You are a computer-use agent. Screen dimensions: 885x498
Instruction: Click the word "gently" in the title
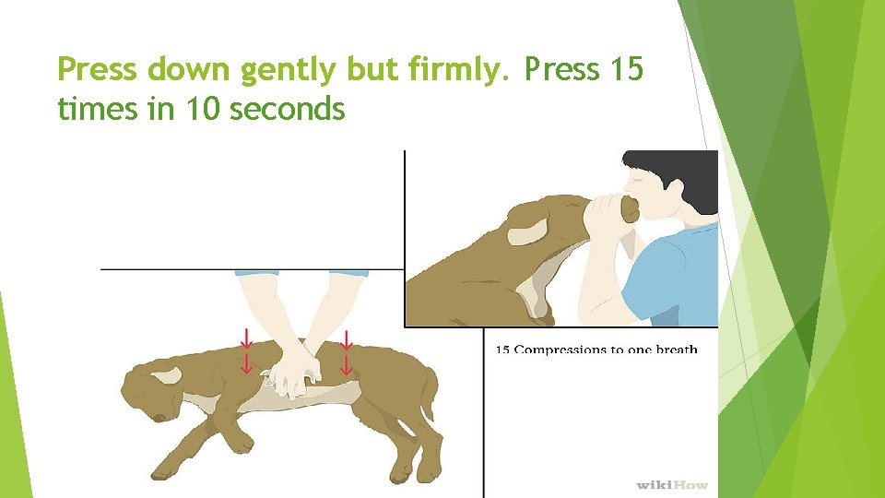288,71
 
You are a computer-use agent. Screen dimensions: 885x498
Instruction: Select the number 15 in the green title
626,68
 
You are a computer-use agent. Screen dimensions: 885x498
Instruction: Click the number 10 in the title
202,108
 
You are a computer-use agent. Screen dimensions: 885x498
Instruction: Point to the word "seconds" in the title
288,108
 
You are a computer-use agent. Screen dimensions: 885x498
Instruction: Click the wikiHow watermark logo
672,484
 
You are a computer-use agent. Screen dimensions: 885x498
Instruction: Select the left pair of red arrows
246,351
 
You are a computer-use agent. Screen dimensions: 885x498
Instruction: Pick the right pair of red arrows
347,353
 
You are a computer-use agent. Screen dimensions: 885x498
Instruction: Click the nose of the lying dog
159,418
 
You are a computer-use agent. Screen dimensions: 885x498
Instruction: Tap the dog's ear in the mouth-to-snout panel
528,231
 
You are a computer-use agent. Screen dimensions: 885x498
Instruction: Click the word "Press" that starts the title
97,69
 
